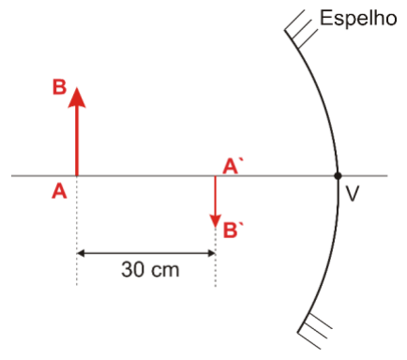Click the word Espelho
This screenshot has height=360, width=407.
tap(358, 18)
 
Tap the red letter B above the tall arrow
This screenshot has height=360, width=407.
tap(59, 87)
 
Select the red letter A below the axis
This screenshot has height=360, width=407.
tap(59, 191)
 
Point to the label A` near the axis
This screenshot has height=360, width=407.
tap(233, 166)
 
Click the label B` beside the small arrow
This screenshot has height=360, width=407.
tap(234, 231)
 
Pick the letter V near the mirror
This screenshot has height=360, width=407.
tap(353, 193)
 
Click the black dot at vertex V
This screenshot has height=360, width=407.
tap(338, 176)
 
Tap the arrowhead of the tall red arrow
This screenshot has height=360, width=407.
tap(77, 97)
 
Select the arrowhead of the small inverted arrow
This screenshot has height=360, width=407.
tap(215, 220)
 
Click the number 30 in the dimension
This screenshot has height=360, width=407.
tap(132, 269)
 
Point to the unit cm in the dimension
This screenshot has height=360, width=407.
tap(164, 271)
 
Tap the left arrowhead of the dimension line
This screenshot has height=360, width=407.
tap(81, 253)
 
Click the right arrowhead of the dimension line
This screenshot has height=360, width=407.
tap(211, 253)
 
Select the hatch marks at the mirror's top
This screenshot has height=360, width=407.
tap(300, 29)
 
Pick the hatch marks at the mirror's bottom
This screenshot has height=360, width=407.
tap(313, 331)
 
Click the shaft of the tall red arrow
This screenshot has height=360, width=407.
tap(77, 142)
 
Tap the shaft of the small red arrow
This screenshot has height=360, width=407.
tap(215, 196)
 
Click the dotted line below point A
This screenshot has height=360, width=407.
tap(77, 231)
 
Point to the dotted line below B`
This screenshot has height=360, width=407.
tap(216, 257)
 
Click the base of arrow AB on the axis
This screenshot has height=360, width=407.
tap(77, 175)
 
